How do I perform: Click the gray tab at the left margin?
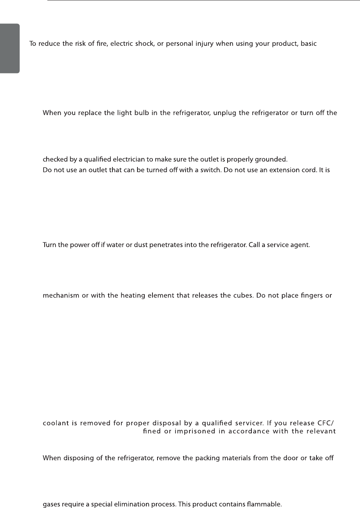10,48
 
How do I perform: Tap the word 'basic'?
309,44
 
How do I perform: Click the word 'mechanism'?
60,296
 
